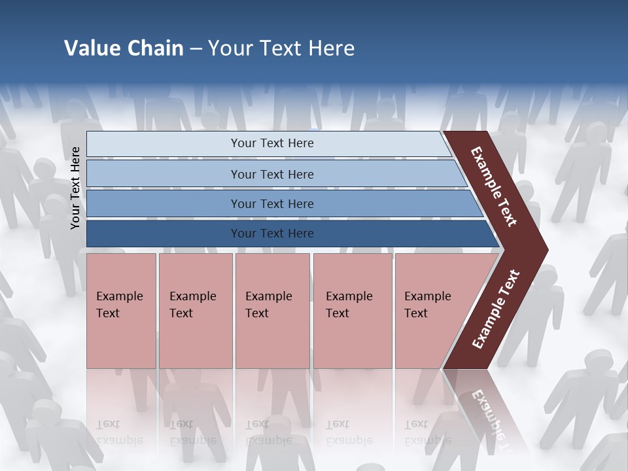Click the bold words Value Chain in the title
[x=124, y=48]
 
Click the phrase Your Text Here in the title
[x=281, y=48]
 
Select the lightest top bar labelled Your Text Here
[x=164, y=144]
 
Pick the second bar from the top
[x=164, y=174]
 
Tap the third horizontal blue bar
[x=164, y=203]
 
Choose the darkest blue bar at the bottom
[x=164, y=234]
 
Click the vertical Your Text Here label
[x=75, y=188]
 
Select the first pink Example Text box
[x=121, y=311]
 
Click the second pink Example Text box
[x=195, y=311]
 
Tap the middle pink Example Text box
[x=272, y=311]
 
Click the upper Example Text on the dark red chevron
[x=494, y=186]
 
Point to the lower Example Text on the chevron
[x=495, y=309]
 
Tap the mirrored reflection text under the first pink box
[x=119, y=432]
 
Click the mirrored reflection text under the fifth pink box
[x=427, y=432]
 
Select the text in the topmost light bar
[x=272, y=143]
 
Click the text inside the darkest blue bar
[x=272, y=234]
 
